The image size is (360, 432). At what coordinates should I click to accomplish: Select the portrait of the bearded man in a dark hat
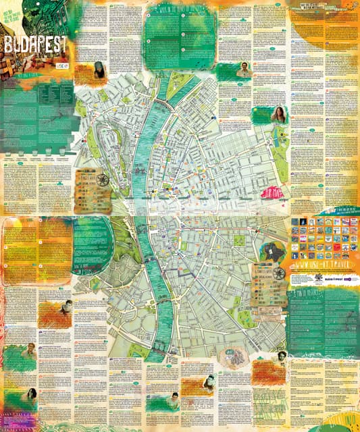99,69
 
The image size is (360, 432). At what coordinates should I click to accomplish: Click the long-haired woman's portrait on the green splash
278,115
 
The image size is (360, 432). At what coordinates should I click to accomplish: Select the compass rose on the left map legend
101,179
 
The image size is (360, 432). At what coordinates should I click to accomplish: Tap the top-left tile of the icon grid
295,222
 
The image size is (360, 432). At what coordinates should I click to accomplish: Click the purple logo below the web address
339,278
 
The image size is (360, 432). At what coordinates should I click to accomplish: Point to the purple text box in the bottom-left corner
20,418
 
